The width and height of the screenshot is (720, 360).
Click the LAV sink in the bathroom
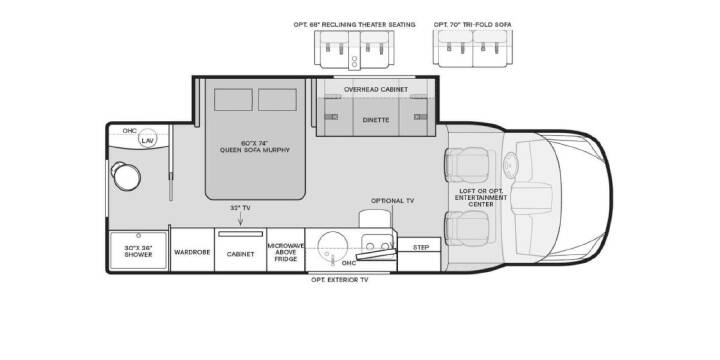147,140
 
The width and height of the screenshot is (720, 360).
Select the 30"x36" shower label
138,251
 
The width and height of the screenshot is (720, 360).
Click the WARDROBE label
192,252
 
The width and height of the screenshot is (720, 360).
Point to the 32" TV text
240,208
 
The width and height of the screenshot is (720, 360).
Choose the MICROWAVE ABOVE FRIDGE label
286,252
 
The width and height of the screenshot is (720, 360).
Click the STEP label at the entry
421,247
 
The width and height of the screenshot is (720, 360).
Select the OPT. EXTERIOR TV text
340,279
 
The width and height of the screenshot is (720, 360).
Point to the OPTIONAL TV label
393,201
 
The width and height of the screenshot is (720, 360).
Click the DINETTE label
376,120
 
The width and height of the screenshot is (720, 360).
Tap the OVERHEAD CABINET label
376,90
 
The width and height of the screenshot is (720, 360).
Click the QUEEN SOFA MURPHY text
255,150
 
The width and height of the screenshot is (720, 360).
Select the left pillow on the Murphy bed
233,100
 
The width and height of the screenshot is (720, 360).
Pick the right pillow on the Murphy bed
277,100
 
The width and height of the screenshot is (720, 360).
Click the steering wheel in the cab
511,164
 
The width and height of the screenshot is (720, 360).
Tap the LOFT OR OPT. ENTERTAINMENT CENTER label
481,197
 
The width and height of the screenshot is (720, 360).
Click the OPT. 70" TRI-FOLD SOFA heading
472,24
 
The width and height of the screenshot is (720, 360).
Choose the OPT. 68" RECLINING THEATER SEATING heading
354,24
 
